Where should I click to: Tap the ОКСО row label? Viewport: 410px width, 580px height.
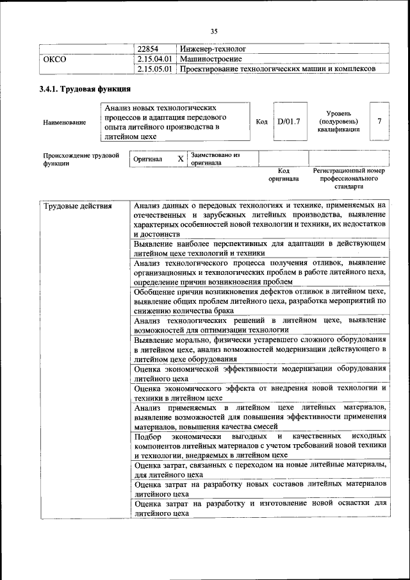tap(54, 58)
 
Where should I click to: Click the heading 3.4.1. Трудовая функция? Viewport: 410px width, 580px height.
tap(85, 89)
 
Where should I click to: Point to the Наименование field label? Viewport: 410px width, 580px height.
tap(64, 122)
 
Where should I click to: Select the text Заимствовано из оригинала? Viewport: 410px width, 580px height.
tap(215, 158)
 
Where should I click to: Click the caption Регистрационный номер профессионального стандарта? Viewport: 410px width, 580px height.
tap(348, 179)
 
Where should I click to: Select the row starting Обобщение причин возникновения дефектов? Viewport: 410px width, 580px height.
tap(259, 301)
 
